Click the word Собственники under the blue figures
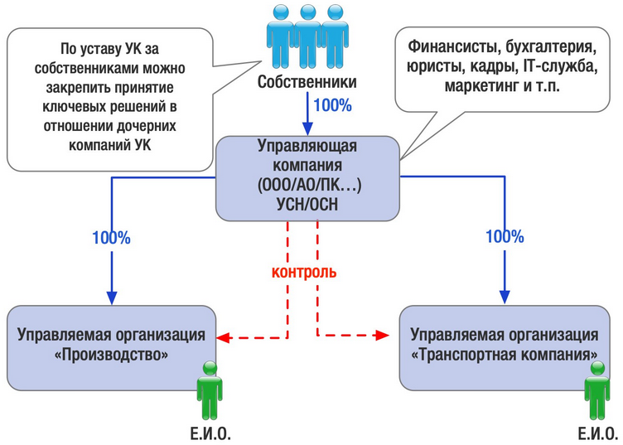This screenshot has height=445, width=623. (x=307, y=82)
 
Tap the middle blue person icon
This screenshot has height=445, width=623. (x=307, y=36)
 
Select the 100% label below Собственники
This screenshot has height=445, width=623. (x=332, y=106)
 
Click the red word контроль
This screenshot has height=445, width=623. (x=304, y=272)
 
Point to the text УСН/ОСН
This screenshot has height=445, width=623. (x=307, y=204)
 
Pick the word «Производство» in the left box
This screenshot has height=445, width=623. (x=111, y=355)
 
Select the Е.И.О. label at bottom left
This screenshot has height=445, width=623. (x=210, y=434)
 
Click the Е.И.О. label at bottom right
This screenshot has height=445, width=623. (x=598, y=434)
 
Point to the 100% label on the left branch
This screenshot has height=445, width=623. (x=111, y=238)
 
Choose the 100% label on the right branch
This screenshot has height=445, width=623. (x=505, y=237)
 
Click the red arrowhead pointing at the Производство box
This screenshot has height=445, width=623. (x=223, y=338)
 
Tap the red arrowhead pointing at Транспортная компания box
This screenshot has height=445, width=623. (x=382, y=336)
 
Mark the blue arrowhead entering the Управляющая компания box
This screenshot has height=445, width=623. (x=307, y=129)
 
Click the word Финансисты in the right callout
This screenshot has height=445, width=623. (x=452, y=47)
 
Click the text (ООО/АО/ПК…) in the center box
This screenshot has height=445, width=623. (x=309, y=185)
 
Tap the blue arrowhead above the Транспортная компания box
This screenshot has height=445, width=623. (x=505, y=297)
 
